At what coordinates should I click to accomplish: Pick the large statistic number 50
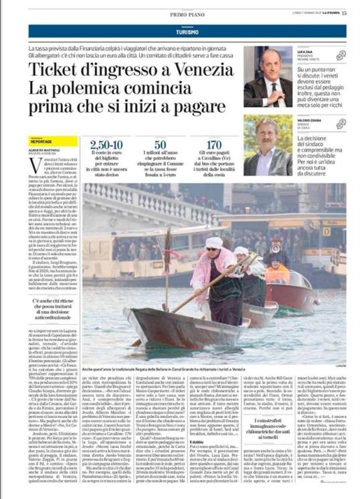pos(160,143)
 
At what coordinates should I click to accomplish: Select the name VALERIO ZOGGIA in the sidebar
pos(310,120)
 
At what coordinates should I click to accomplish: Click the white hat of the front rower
pos(211,244)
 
